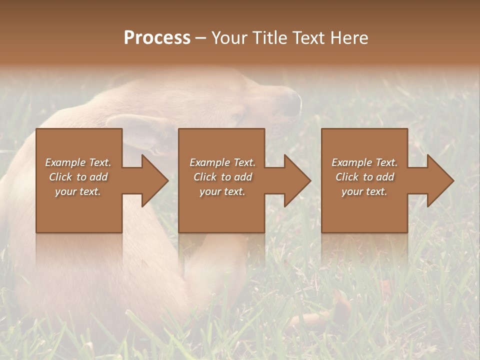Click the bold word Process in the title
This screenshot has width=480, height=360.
(157, 38)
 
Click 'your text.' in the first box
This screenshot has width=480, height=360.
(78, 191)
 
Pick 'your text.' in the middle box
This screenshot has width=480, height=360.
(222, 191)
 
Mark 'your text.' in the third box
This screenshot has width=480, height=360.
(364, 191)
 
